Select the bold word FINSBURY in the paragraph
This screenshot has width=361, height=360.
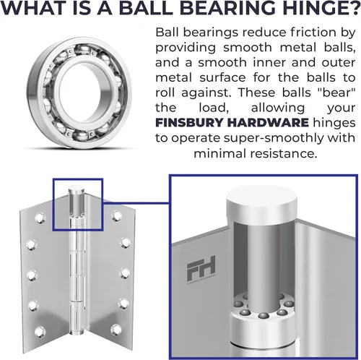(x=188, y=122)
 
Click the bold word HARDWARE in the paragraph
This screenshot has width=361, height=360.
(x=268, y=122)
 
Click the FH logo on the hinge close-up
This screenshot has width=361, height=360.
(x=201, y=270)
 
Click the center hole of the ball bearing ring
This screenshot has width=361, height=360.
(x=79, y=94)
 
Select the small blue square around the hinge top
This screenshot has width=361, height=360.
(x=78, y=179)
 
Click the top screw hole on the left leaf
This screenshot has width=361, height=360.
(x=40, y=218)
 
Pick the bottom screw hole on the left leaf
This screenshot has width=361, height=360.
(x=40, y=331)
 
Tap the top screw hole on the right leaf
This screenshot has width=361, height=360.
(x=116, y=215)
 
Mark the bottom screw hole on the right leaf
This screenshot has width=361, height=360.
(x=116, y=330)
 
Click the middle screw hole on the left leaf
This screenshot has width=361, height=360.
(x=32, y=275)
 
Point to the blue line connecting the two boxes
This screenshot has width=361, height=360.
(x=136, y=204)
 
